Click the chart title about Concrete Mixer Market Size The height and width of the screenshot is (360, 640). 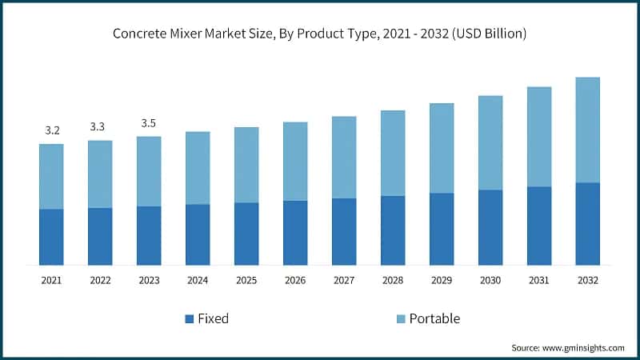319,34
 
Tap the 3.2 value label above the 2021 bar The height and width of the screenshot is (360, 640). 51,130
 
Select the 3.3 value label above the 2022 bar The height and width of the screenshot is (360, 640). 100,126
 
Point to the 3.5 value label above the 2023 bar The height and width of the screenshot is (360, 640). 149,123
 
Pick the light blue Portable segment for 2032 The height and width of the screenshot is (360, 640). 588,130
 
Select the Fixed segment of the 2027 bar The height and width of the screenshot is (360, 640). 344,231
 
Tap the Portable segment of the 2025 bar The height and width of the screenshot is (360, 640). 246,165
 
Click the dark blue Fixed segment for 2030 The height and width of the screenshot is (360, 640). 490,227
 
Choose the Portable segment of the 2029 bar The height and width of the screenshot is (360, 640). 442,148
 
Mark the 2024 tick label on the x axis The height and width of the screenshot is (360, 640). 198,281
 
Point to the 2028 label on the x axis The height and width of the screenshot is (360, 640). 393,281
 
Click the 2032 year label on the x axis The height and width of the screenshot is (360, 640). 588,281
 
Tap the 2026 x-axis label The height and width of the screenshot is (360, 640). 295,281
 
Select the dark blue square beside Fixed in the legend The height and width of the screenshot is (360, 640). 189,319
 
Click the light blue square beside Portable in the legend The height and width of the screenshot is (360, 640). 401,319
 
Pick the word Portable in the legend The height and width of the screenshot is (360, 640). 434,318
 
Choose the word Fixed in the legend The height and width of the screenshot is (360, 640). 213,318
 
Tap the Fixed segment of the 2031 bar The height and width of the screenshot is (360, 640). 539,226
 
